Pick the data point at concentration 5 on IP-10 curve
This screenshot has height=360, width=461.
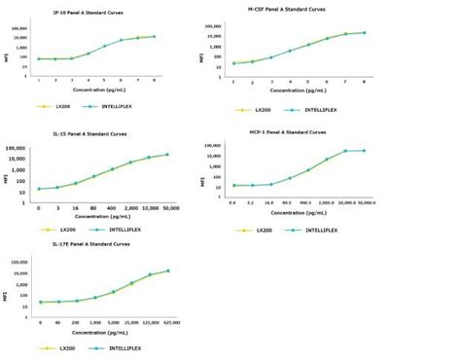tap(105, 46)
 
